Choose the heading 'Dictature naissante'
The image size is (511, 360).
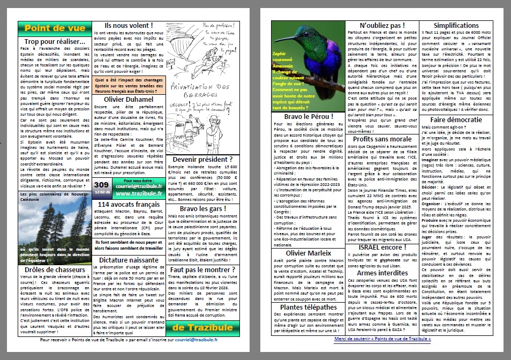point(129,259)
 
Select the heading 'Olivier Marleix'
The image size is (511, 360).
point(309,253)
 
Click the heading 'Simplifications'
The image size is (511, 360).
point(456,25)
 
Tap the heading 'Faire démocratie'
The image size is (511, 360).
point(456,119)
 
